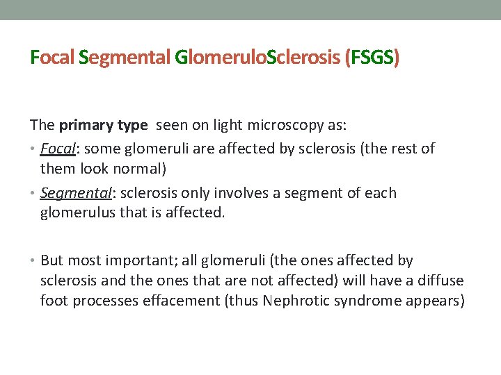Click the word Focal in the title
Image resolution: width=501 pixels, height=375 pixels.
tap(53, 58)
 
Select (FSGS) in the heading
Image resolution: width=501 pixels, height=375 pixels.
tap(372, 58)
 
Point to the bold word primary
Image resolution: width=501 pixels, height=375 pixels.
tap(86, 126)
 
